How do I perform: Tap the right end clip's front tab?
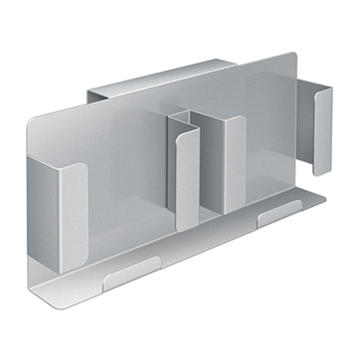323,130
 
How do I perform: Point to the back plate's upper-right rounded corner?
292,56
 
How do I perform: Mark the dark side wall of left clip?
43,209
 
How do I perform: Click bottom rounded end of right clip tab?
322,171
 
